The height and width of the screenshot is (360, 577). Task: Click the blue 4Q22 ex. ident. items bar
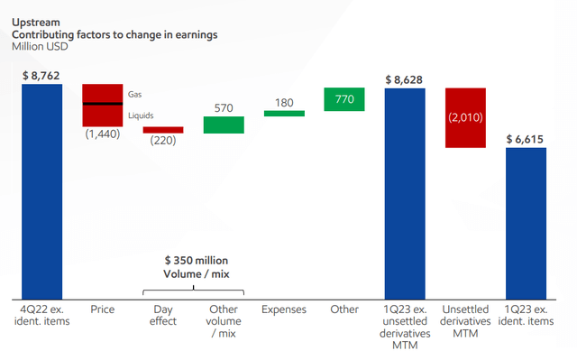tap(42, 190)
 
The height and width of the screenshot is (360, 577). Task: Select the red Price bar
tap(102, 105)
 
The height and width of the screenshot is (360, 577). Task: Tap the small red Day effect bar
tap(163, 130)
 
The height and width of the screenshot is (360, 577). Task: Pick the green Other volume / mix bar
tap(224, 125)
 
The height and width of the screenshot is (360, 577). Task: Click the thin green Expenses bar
tap(284, 113)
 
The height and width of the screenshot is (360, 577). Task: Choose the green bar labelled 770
tap(344, 99)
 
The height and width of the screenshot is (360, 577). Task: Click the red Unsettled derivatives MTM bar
tap(465, 116)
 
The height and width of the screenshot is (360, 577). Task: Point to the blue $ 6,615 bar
tap(526, 222)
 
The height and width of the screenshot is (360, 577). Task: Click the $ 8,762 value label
tap(41, 75)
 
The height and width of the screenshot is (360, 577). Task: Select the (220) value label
tap(162, 141)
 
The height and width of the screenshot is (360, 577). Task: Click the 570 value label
tap(224, 108)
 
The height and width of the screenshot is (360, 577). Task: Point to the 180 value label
tap(284, 102)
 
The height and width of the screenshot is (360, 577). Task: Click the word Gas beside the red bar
tap(135, 93)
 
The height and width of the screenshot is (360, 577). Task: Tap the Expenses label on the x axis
tap(284, 309)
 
